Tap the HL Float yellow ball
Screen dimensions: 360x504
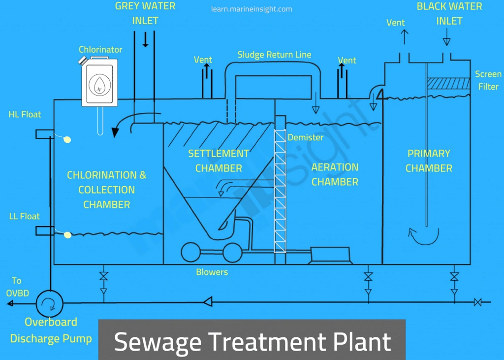(x=67, y=140)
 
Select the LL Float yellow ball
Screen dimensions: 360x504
(x=67, y=235)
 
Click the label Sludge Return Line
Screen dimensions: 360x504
(x=274, y=55)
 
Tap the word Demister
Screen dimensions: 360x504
(x=306, y=137)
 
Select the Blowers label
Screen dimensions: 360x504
(x=212, y=272)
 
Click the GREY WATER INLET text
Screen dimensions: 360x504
(x=145, y=14)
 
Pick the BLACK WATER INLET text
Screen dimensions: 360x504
(x=449, y=14)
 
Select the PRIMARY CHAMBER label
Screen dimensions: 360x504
(x=429, y=161)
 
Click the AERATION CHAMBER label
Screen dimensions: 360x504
(x=335, y=174)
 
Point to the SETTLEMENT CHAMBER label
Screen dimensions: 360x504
(x=219, y=161)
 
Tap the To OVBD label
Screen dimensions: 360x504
(x=17, y=287)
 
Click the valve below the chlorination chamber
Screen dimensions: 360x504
(x=103, y=276)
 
